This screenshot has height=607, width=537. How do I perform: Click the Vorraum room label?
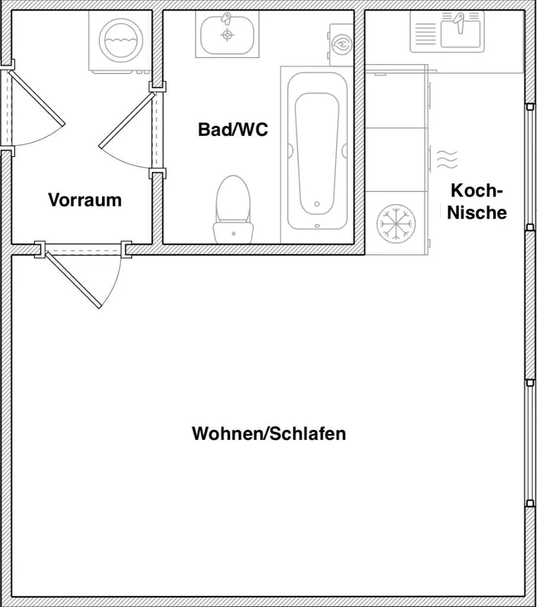[85, 200]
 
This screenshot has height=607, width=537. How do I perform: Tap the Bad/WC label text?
[233, 129]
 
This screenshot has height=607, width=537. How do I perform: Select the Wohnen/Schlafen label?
[268, 433]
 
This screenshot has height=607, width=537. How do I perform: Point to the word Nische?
[477, 213]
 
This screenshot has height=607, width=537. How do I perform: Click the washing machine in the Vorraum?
[120, 41]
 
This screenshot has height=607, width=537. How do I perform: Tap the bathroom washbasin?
[227, 34]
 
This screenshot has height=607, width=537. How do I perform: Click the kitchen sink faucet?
[459, 22]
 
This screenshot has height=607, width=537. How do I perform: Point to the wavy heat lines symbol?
[447, 159]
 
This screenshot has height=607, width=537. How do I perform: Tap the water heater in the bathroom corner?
[341, 44]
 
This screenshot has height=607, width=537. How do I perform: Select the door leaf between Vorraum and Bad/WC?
[127, 120]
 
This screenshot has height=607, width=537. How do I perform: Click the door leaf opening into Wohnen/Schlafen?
[73, 280]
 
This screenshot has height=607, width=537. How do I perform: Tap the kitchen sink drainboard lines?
[425, 34]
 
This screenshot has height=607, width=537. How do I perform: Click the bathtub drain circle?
[317, 204]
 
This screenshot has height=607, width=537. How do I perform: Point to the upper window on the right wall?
[530, 167]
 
